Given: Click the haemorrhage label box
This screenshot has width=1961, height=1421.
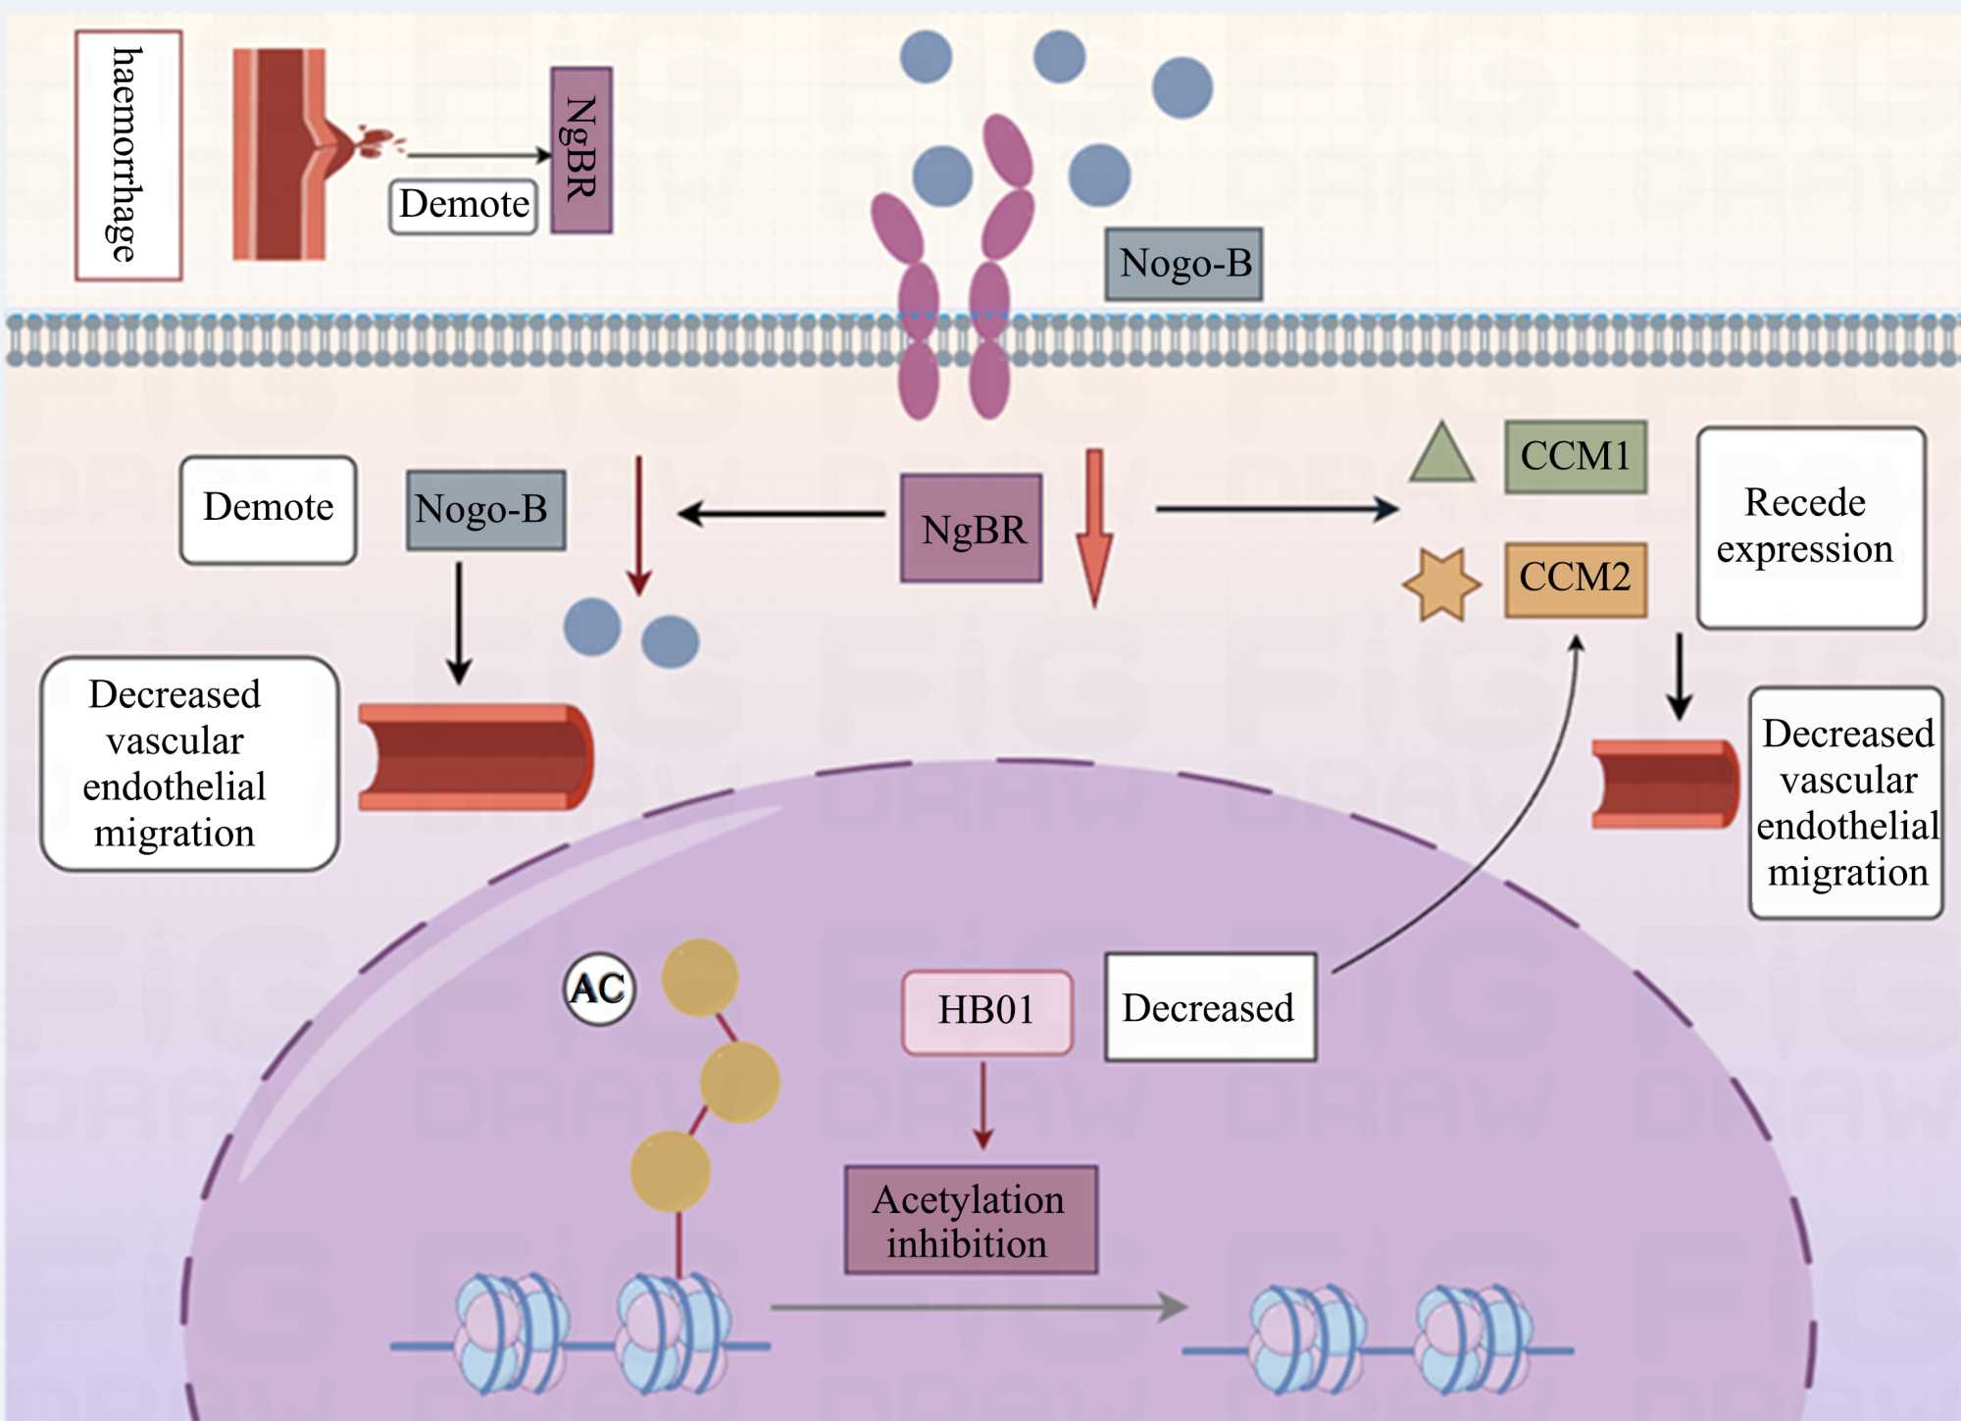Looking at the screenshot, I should pyautogui.click(x=128, y=155).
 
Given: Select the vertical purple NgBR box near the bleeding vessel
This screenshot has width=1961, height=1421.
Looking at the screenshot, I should pyautogui.click(x=581, y=150).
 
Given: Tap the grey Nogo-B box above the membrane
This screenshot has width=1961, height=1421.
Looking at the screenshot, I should pyautogui.click(x=1183, y=264).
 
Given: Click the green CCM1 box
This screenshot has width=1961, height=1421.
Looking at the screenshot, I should pyautogui.click(x=1575, y=456).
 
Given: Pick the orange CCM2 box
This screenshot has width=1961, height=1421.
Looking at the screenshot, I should pyautogui.click(x=1575, y=579).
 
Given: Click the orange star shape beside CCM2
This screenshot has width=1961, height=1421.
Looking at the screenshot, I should pyautogui.click(x=1441, y=584).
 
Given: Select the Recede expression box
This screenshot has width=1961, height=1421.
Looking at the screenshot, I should pyautogui.click(x=1811, y=527).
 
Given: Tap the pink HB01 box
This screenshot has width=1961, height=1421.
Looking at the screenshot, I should pyautogui.click(x=986, y=1011).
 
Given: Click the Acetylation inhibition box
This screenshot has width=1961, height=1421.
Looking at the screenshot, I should pyautogui.click(x=971, y=1220).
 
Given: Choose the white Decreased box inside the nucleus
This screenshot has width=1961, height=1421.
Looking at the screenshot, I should pyautogui.click(x=1210, y=1007).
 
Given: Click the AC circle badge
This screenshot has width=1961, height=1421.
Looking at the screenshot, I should pyautogui.click(x=599, y=989).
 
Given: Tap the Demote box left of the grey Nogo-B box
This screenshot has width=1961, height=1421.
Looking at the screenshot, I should pyautogui.click(x=268, y=509).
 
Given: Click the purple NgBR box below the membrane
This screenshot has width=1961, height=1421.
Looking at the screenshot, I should pyautogui.click(x=971, y=529).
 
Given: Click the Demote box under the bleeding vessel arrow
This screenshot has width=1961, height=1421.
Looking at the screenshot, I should pyautogui.click(x=464, y=205).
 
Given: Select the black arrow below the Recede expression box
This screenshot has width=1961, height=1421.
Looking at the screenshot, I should pyautogui.click(x=1679, y=677).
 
